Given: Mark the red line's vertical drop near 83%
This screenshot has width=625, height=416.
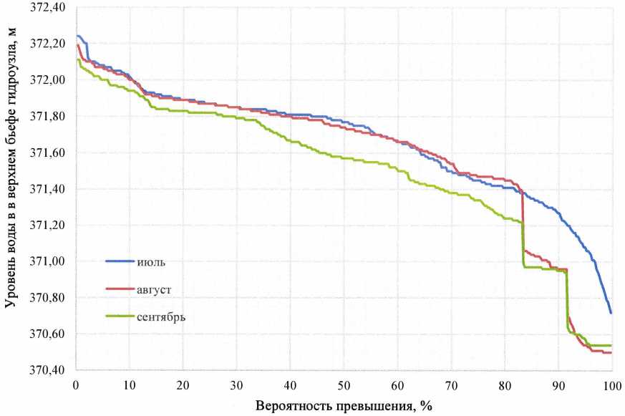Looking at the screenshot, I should coord(523,222).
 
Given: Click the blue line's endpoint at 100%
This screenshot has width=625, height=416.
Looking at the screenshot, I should coord(611,313).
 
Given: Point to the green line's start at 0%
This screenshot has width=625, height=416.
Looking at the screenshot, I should coord(77,59).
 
